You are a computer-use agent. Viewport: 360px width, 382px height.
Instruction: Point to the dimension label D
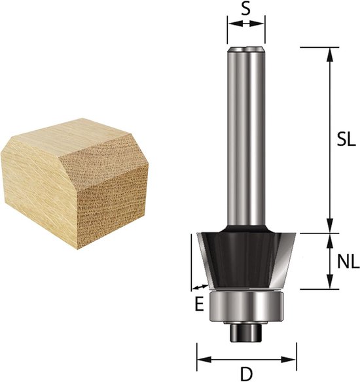pos(246,374)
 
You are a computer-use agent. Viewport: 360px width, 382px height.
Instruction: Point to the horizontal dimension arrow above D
pos(247,358)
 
